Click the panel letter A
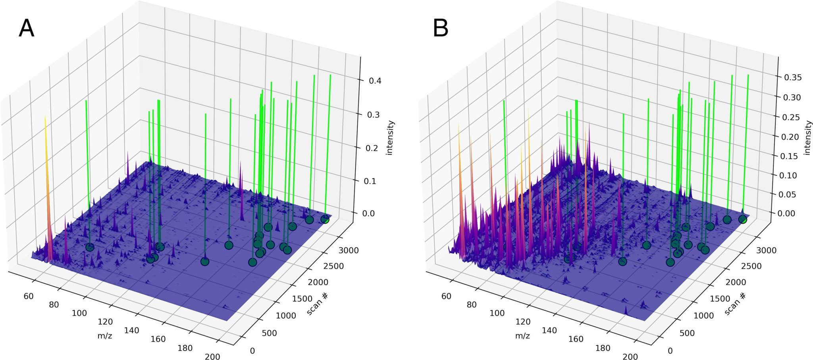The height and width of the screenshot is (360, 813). (x=26, y=29)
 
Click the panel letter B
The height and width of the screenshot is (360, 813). (x=440, y=29)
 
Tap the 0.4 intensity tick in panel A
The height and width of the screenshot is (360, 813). (x=375, y=81)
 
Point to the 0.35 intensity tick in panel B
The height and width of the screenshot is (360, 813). (x=793, y=77)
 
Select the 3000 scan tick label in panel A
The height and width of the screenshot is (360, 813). (x=349, y=250)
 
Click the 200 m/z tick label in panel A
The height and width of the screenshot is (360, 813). (x=212, y=356)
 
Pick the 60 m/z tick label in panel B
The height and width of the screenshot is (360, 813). (x=446, y=296)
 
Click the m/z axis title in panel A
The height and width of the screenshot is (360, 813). (x=105, y=336)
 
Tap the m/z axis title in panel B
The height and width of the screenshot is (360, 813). (x=522, y=336)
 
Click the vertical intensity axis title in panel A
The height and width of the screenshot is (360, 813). (x=390, y=138)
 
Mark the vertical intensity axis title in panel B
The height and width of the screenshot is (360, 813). (x=807, y=138)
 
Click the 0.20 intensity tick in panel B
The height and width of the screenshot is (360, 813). (x=793, y=137)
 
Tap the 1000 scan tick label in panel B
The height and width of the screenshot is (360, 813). (x=704, y=316)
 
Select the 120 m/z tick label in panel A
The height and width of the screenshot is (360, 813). (x=105, y=321)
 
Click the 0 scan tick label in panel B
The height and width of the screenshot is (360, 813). (x=670, y=350)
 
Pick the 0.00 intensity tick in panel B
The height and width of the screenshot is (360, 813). (x=793, y=214)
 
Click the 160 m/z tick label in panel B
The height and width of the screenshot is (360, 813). (x=576, y=339)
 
